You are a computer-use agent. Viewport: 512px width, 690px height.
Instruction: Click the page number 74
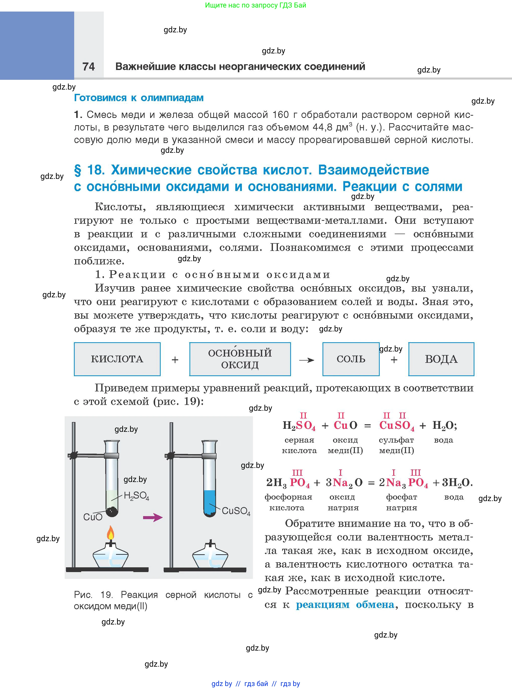[89, 66]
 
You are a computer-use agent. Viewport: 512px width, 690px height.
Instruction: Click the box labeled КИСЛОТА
[117, 359]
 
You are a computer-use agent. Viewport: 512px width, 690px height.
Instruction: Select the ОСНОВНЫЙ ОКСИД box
[240, 359]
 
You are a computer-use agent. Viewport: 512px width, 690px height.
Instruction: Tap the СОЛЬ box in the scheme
[351, 359]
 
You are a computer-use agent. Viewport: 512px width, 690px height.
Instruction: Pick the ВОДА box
[441, 359]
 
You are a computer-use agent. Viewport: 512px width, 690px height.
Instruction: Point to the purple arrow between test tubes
[152, 517]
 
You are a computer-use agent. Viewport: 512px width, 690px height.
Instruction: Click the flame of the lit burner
[111, 533]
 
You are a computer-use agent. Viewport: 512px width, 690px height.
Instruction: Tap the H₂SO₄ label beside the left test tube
[136, 496]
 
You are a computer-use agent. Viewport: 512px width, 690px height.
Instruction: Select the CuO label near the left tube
[93, 517]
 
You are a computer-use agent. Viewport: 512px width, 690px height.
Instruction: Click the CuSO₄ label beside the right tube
[236, 511]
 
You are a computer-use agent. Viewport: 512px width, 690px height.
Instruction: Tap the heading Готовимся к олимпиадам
[139, 98]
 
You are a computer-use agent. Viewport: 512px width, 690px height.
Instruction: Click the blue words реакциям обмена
[345, 604]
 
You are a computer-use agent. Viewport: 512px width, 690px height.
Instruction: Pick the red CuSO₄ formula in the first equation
[397, 425]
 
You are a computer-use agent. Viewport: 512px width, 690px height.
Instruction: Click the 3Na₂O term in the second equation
[344, 483]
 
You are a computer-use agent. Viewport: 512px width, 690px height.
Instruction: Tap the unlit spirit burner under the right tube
[210, 557]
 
